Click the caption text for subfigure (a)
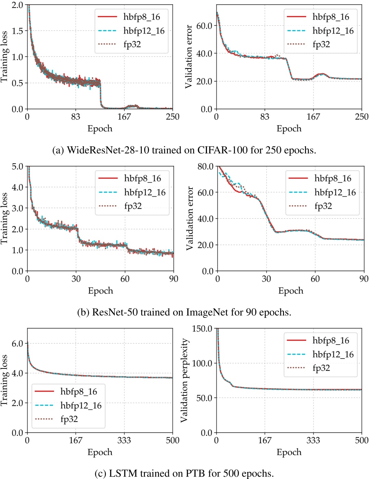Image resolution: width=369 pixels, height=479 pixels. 184,150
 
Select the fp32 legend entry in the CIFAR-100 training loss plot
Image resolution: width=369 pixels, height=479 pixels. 132,44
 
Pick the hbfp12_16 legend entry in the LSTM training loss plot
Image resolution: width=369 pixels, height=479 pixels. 81,405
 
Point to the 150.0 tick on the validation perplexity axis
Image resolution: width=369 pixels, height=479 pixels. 202,329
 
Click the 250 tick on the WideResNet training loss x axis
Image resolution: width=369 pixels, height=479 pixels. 172,117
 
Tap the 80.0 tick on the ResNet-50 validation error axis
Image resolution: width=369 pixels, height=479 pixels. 206,167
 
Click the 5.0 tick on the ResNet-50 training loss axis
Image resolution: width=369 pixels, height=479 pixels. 17,167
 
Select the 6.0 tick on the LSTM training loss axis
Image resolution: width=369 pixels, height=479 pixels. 17,344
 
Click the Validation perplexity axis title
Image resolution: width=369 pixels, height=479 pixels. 185,380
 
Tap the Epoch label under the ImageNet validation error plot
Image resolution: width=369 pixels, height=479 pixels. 291,291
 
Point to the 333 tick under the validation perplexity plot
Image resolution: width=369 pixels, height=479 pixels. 313,440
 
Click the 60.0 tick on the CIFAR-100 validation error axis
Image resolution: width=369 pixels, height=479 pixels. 204,26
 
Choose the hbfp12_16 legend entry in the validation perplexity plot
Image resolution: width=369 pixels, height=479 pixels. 333,354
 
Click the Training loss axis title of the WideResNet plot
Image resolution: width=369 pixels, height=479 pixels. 4,57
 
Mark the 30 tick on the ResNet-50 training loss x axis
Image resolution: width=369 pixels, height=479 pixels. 76,279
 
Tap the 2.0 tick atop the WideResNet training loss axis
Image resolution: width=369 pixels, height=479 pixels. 17,5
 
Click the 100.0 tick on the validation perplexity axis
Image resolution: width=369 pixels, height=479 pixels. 202,363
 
